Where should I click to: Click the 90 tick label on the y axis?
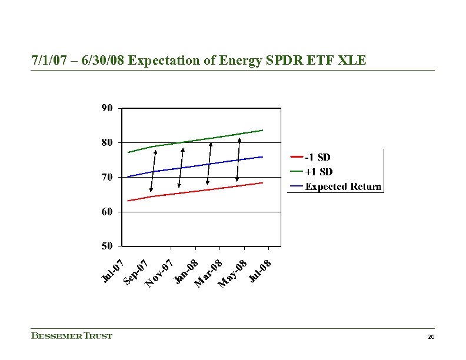[107, 108]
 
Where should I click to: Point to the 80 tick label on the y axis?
[107, 142]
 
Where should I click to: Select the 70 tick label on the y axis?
[107, 176]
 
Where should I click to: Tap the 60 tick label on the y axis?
[107, 211]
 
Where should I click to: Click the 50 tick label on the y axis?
[107, 245]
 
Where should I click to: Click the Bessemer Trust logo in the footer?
[71, 336]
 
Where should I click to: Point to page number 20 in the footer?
[431, 336]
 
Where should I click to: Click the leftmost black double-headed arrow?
[153, 171]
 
